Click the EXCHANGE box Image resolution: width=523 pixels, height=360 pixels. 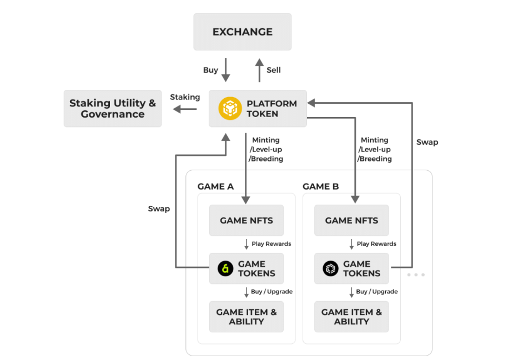tap(242, 32)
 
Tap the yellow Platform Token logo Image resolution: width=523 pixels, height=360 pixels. tap(229, 109)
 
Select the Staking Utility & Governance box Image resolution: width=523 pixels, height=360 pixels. tap(113, 109)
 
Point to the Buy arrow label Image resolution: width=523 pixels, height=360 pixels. tap(210, 70)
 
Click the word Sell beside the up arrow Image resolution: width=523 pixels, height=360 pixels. tap(274, 70)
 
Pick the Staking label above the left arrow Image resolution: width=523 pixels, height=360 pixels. tap(185, 97)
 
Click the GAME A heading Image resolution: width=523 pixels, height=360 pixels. tap(215, 186)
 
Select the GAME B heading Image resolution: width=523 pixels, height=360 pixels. tap(320, 186)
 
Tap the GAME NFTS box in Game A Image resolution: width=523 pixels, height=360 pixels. tap(246, 220)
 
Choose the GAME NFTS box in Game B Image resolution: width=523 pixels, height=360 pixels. tap(351, 220)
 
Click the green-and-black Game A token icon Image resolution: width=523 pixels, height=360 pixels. tap(225, 269)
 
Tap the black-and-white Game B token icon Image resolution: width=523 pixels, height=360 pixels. tap(330, 269)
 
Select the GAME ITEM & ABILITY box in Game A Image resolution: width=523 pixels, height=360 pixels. tap(246, 317)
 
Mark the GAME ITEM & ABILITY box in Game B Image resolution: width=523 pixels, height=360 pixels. tap(351, 317)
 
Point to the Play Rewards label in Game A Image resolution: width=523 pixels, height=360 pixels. tap(271, 244)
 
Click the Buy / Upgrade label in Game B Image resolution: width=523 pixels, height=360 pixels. tap(377, 291)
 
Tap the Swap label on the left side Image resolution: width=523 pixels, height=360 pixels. tap(159, 209)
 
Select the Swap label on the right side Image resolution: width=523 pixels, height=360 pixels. tap(427, 142)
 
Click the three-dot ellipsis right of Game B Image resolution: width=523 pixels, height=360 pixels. tap(415, 275)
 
